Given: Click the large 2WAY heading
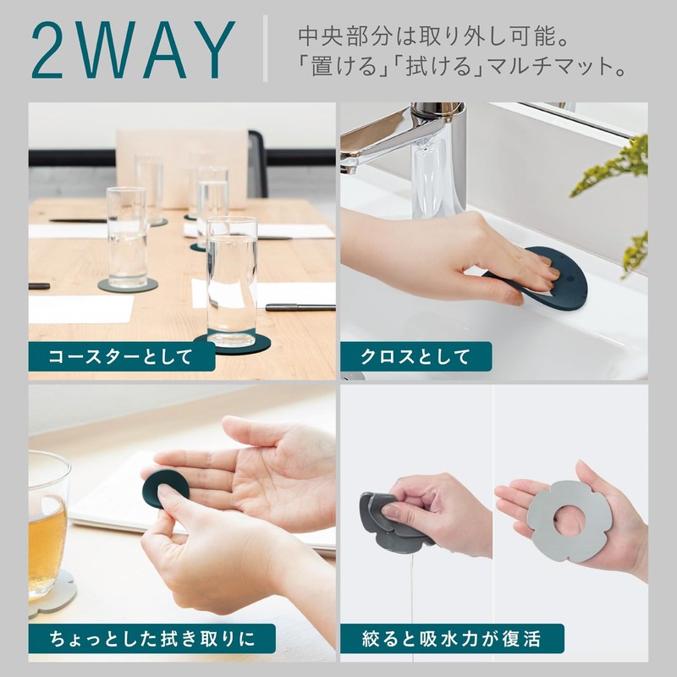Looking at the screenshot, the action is coord(134,50).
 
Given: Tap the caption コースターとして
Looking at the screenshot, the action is coord(120,357).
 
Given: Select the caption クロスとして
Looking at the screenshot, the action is coord(415,357).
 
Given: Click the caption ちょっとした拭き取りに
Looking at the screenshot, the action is coord(152,639).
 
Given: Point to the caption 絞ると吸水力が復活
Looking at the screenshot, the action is coord(451,639).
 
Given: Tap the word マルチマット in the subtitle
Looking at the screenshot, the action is coord(544,67).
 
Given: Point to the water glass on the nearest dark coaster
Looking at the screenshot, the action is coord(231,282).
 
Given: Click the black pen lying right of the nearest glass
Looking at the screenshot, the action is coord(300,307).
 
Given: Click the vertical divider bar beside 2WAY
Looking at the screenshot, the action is coord(265,49).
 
